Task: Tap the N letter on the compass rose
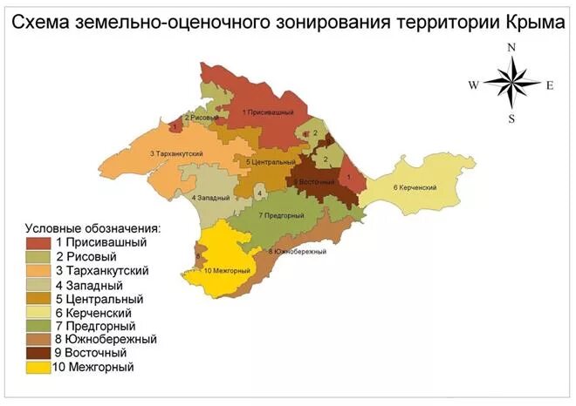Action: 512,48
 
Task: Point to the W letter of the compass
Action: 473,85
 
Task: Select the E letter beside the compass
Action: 550,85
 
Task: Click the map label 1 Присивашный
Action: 268,113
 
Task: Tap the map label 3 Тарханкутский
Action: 176,154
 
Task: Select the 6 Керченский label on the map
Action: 415,188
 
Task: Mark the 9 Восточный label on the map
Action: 316,181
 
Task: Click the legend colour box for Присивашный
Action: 38,242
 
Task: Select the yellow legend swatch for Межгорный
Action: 38,368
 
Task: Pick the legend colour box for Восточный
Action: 38,354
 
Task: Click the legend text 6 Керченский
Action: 93,312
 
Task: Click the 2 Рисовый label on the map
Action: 199,117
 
